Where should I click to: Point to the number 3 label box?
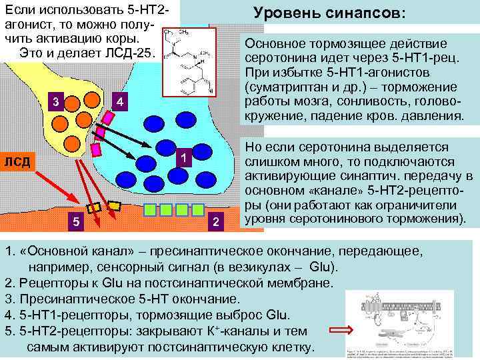coord(57,101)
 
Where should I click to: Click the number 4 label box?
coord(119,102)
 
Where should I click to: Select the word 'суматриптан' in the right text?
coord(286,88)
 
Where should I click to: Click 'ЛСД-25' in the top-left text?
coord(133,53)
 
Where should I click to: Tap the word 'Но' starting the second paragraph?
coord(253,147)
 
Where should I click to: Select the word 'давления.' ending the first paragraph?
coord(434,117)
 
